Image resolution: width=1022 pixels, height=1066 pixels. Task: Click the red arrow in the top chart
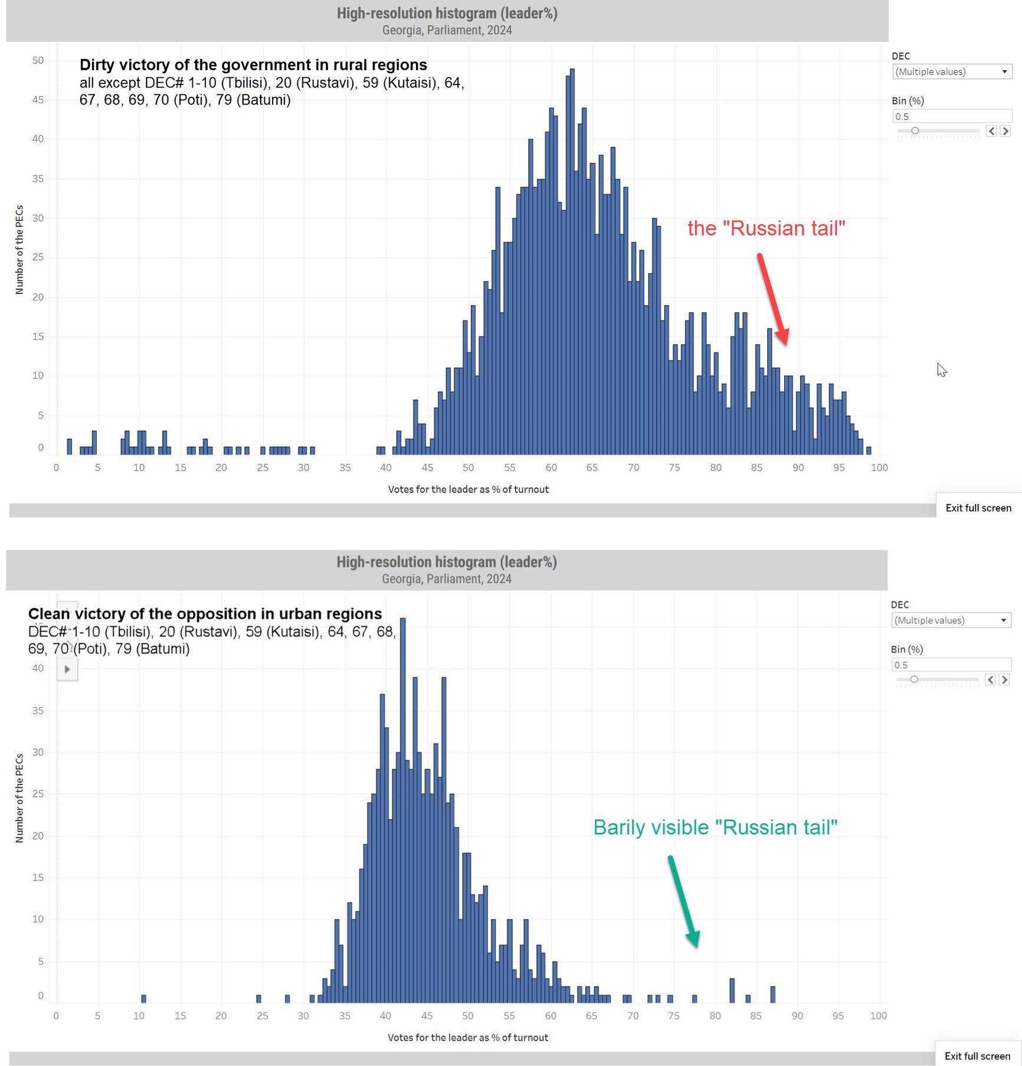click(x=772, y=299)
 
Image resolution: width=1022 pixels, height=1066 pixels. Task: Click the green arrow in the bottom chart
click(x=683, y=901)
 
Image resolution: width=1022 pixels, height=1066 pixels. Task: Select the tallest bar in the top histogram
click(x=572, y=260)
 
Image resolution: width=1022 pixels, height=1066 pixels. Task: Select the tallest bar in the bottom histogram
click(x=403, y=809)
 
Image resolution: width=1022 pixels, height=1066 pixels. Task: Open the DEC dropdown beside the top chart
click(x=951, y=72)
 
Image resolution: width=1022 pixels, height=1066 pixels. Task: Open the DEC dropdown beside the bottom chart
click(x=950, y=620)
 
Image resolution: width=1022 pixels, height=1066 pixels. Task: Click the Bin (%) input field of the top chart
click(x=951, y=116)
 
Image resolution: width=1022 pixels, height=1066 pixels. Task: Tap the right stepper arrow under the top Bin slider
click(x=1005, y=131)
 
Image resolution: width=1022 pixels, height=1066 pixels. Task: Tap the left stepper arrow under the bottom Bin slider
click(x=990, y=679)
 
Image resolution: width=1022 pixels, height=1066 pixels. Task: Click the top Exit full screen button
click(x=978, y=508)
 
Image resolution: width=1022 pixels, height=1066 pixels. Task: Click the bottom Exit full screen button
click(x=977, y=1056)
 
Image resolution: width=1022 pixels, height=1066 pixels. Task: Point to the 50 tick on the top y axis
click(x=38, y=60)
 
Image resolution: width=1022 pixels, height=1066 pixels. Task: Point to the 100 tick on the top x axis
click(x=879, y=467)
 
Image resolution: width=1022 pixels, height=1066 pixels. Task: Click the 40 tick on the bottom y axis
click(x=38, y=668)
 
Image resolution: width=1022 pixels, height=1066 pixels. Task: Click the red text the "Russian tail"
click(x=766, y=228)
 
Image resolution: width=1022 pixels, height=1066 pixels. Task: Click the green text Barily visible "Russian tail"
click(x=715, y=828)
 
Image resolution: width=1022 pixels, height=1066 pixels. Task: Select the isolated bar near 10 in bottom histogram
click(x=143, y=999)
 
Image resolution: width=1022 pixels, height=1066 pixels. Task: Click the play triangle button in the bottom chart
click(x=67, y=669)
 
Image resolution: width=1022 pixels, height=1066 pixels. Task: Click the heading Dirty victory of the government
click(x=253, y=65)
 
